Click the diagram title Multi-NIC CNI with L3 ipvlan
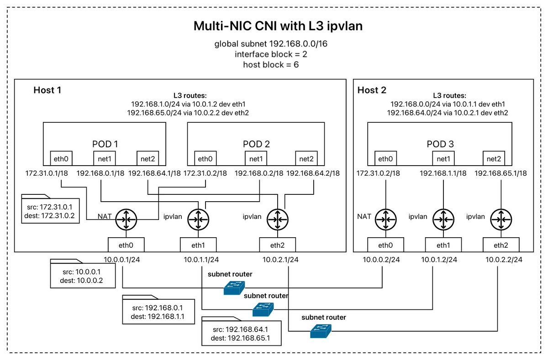[x=278, y=26]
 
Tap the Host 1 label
[x=47, y=90]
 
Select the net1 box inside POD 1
[x=105, y=158]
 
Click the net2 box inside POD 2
[x=306, y=158]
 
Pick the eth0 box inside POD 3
[x=385, y=158]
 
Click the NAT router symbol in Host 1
[x=126, y=219]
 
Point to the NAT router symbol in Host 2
[x=385, y=219]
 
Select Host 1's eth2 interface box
[x=278, y=245]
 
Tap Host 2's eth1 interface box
[x=443, y=245]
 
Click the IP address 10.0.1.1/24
[x=201, y=260]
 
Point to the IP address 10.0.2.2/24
[x=504, y=260]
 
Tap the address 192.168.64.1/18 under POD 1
[x=154, y=173]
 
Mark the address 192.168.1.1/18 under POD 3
[x=443, y=173]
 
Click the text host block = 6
[x=271, y=65]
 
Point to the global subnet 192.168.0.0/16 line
[x=271, y=44]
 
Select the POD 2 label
[x=256, y=144]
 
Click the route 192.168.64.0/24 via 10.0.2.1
[x=448, y=113]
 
